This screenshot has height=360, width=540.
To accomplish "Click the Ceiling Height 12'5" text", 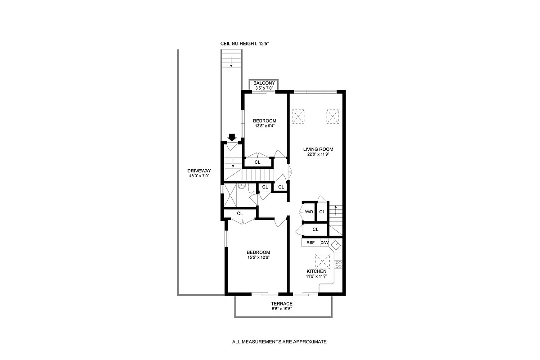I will tap(244, 44).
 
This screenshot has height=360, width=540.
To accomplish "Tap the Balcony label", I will tap(264, 83).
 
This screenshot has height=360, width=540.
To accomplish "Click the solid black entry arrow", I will tap(232, 137).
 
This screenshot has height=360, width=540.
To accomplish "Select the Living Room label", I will tap(318, 149).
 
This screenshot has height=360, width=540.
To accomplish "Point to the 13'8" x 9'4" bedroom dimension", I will tap(264, 126).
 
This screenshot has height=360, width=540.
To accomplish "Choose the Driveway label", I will tap(199, 171).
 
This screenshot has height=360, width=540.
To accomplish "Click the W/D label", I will tap(309, 211).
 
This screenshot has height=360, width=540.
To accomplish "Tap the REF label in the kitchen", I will tap(310, 243).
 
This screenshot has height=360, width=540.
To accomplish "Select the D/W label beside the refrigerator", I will tap(324, 243).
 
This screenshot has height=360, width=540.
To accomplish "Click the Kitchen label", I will tap(316, 271).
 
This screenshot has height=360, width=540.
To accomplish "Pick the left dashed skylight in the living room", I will tap(299, 116).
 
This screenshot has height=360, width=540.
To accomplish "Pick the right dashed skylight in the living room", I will tap(332, 116).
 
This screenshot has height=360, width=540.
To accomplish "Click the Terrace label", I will tap(282, 304).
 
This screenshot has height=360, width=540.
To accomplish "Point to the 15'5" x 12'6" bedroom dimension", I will tap(258, 257).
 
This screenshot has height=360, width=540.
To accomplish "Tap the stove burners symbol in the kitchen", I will tap(338, 264).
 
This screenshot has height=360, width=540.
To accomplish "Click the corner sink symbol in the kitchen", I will tap(336, 245).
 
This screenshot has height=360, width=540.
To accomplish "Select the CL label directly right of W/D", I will tap(322, 211).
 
